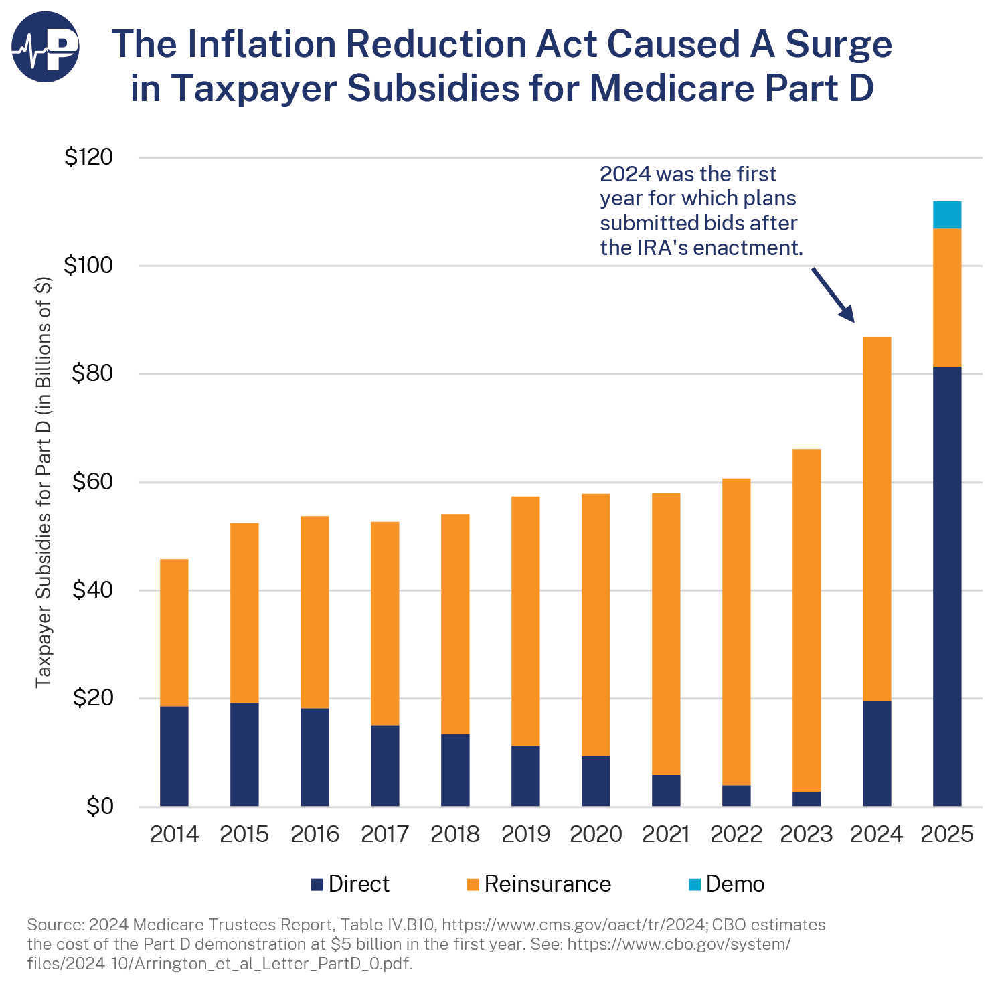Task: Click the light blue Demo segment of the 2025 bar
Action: click(946, 215)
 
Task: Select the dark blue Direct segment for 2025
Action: click(946, 586)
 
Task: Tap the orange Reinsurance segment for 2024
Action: click(876, 519)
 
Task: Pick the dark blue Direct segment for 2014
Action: click(174, 756)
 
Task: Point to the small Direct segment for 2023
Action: click(806, 799)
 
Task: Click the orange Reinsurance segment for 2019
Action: click(525, 620)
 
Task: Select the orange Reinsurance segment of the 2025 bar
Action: click(946, 297)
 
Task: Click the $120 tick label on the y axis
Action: click(88, 157)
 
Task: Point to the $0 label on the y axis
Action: click(100, 807)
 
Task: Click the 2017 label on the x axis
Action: click(385, 834)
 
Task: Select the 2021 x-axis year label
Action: click(665, 834)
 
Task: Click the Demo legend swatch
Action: click(695, 884)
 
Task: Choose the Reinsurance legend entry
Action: click(539, 884)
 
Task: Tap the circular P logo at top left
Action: click(46, 46)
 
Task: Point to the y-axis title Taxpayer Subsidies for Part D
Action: click(44, 482)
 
